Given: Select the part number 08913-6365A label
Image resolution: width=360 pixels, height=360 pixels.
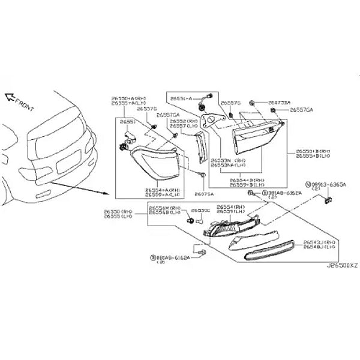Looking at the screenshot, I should [x=328, y=187].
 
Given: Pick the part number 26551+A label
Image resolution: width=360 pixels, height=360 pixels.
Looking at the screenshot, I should [x=181, y=98].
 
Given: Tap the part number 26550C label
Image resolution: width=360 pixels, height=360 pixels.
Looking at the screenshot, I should [x=200, y=211].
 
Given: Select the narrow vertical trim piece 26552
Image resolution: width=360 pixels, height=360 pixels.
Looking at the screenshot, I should [x=200, y=147].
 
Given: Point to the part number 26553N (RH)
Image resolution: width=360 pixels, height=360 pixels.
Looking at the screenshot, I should [x=226, y=160].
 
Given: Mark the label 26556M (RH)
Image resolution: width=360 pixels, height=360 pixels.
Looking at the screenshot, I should [x=164, y=208].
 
